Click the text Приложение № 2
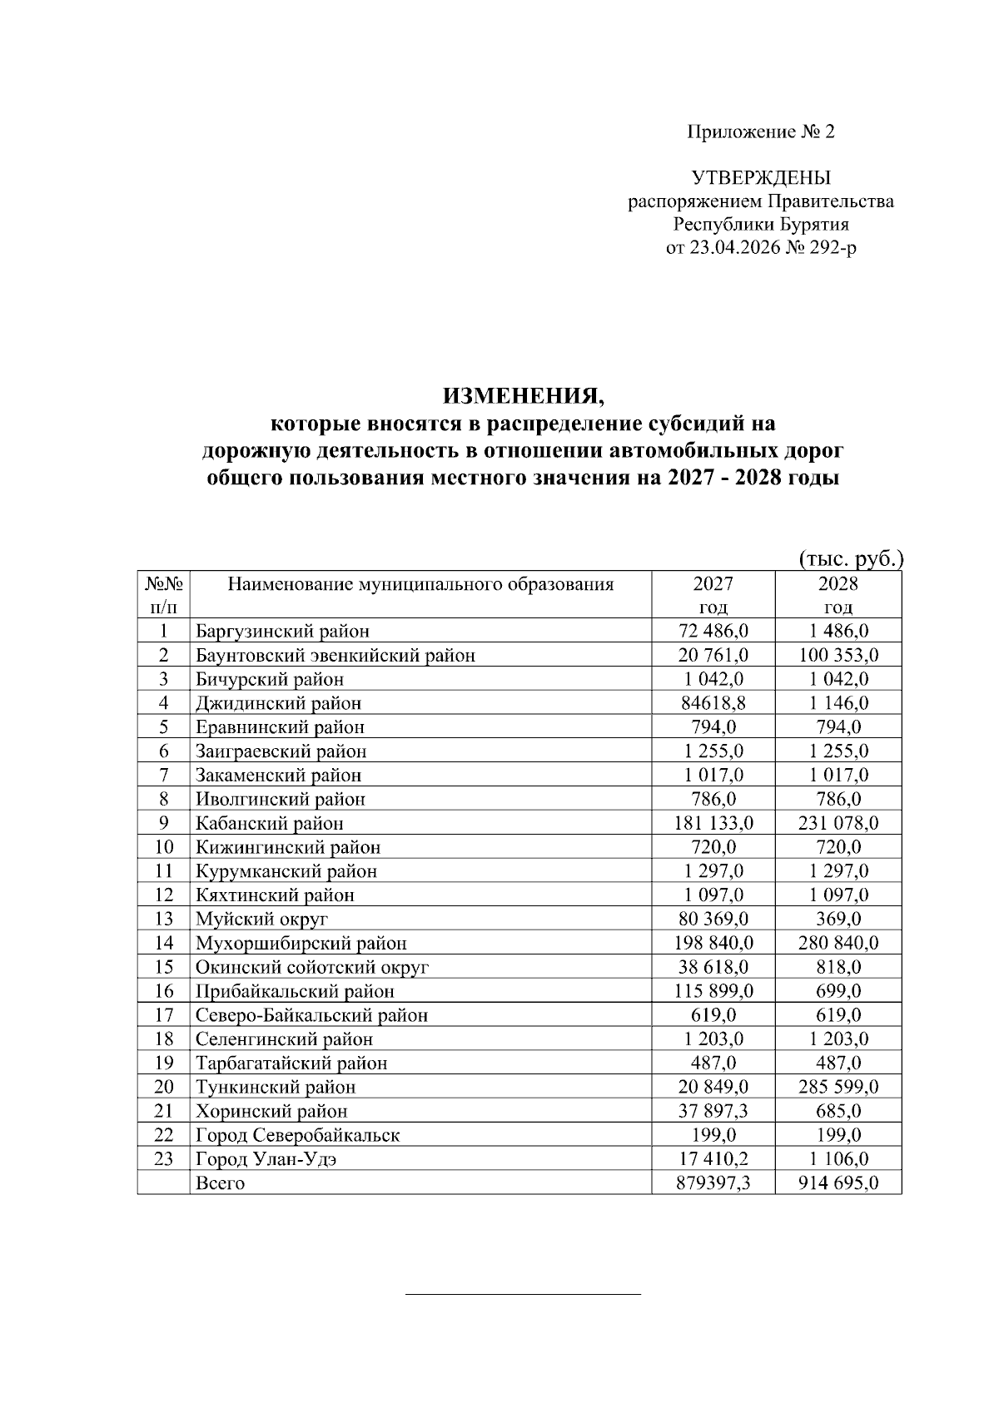pos(760,132)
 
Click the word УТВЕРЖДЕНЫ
pos(760,178)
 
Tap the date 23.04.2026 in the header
pos(734,248)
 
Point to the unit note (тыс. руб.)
pos(850,558)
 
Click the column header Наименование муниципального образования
pos(420,584)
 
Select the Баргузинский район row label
pos(282,631)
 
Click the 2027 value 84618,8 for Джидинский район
pos(713,703)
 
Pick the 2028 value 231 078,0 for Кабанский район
pos(837,823)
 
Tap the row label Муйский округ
pos(261,920)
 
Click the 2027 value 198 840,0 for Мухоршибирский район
pos(713,943)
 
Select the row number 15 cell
pos(164,967)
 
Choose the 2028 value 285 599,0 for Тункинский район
pos(837,1087)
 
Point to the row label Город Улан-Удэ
pos(266,1159)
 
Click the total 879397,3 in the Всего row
pos(713,1183)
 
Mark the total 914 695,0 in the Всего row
pos(837,1183)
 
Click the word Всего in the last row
pos(220,1183)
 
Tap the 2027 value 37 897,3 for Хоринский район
pos(713,1111)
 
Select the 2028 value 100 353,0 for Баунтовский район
pos(837,655)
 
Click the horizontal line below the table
pos(523,1295)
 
